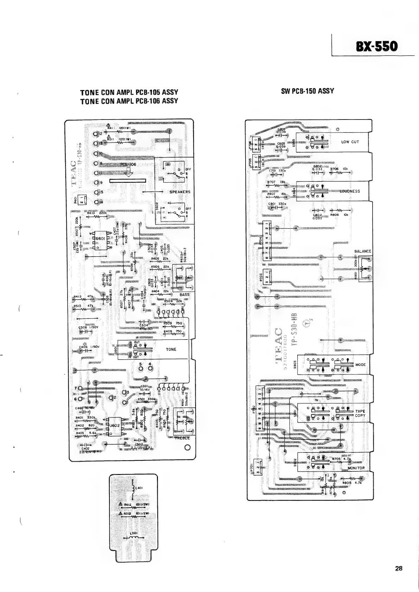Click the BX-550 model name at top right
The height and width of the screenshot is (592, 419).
click(376, 46)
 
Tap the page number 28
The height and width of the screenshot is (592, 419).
click(399, 568)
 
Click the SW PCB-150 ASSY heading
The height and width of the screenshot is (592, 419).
click(307, 91)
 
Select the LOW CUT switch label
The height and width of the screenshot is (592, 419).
click(350, 142)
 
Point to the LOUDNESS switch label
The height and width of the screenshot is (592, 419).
click(350, 191)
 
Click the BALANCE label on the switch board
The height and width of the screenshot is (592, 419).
click(363, 251)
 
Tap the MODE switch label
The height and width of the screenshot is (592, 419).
click(361, 365)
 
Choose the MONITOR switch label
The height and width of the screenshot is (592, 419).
click(356, 468)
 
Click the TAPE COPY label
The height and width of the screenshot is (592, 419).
click(360, 413)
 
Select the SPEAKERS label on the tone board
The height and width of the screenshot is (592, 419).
click(180, 192)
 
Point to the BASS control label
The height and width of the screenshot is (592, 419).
click(184, 295)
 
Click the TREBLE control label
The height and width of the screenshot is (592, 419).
click(182, 438)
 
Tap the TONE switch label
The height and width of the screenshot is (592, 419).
click(171, 349)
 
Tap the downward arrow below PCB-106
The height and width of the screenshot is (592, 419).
click(128, 172)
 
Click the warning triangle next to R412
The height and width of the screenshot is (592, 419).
click(121, 505)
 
